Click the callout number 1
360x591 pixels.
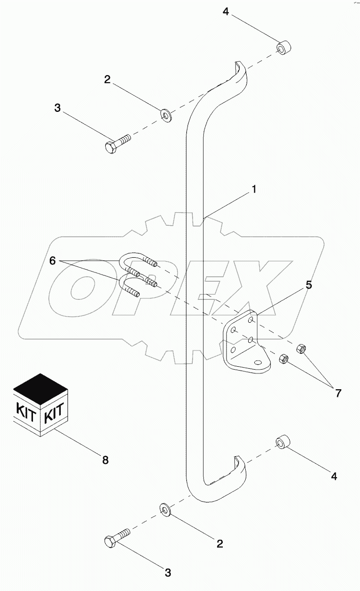[x=254, y=189]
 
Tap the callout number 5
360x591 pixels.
[x=309, y=285]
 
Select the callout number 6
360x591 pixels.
[x=52, y=261]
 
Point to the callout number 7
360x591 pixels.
[x=338, y=393]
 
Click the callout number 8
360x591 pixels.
[x=105, y=460]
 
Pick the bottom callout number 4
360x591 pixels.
[x=335, y=476]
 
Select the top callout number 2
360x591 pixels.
[x=108, y=79]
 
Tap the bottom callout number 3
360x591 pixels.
[x=168, y=572]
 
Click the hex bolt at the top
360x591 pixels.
[x=117, y=143]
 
